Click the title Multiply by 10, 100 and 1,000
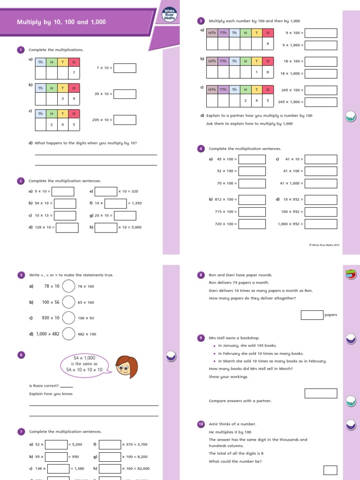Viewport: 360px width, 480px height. [61, 22]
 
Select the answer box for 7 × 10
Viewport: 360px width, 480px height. [125, 68]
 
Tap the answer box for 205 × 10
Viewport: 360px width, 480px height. [125, 120]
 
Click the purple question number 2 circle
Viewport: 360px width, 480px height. [21, 181]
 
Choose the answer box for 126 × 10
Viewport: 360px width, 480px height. [67, 227]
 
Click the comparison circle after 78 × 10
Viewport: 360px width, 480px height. [68, 286]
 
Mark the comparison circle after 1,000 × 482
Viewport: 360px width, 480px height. [68, 334]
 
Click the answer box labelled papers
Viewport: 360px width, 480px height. [312, 315]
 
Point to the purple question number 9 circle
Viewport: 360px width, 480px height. [201, 338]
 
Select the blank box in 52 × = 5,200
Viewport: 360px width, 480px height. [56, 444]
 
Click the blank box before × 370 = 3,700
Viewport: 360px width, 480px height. [110, 444]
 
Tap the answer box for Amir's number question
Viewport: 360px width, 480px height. [330, 470]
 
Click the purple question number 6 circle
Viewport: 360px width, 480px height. [21, 355]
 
